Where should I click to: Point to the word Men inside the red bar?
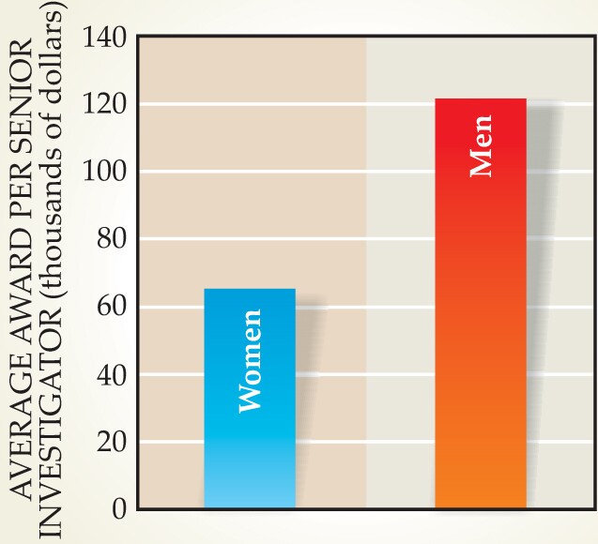(x=481, y=155)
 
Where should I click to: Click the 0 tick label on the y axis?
(x=118, y=509)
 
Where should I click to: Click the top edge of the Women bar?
(x=249, y=289)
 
